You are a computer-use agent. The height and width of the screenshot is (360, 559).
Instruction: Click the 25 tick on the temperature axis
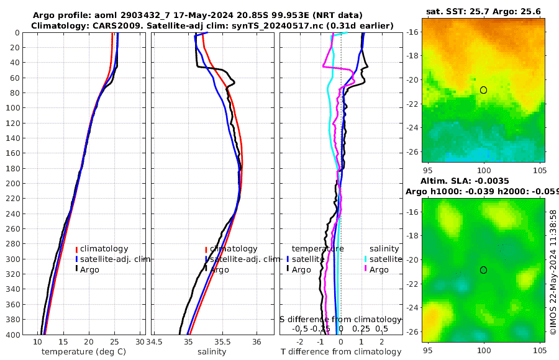pos(114,342)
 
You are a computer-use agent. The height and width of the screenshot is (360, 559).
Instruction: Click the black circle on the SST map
pos(483,90)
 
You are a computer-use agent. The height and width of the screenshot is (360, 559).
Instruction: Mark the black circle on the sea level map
pos(483,269)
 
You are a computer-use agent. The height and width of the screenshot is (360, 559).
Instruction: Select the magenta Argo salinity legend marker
pos(366,269)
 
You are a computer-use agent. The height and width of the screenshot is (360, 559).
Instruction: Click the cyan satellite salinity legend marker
pos(366,259)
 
